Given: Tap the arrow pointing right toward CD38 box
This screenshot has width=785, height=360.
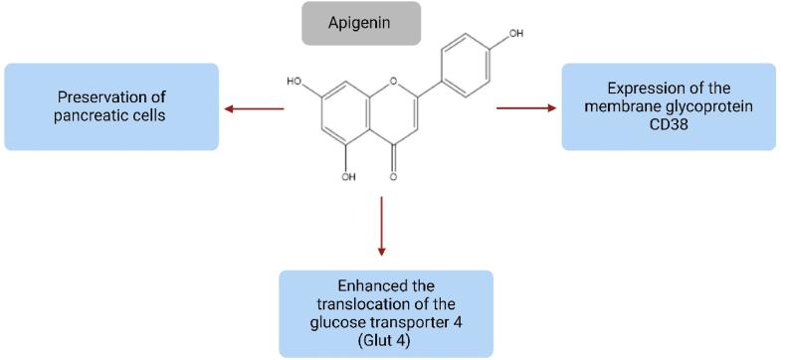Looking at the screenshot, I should [525, 107].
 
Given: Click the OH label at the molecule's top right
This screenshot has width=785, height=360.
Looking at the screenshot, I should [515, 33].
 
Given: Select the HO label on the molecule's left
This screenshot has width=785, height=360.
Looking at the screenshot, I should [294, 81].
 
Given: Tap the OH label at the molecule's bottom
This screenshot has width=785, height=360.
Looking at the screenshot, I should [348, 178].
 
